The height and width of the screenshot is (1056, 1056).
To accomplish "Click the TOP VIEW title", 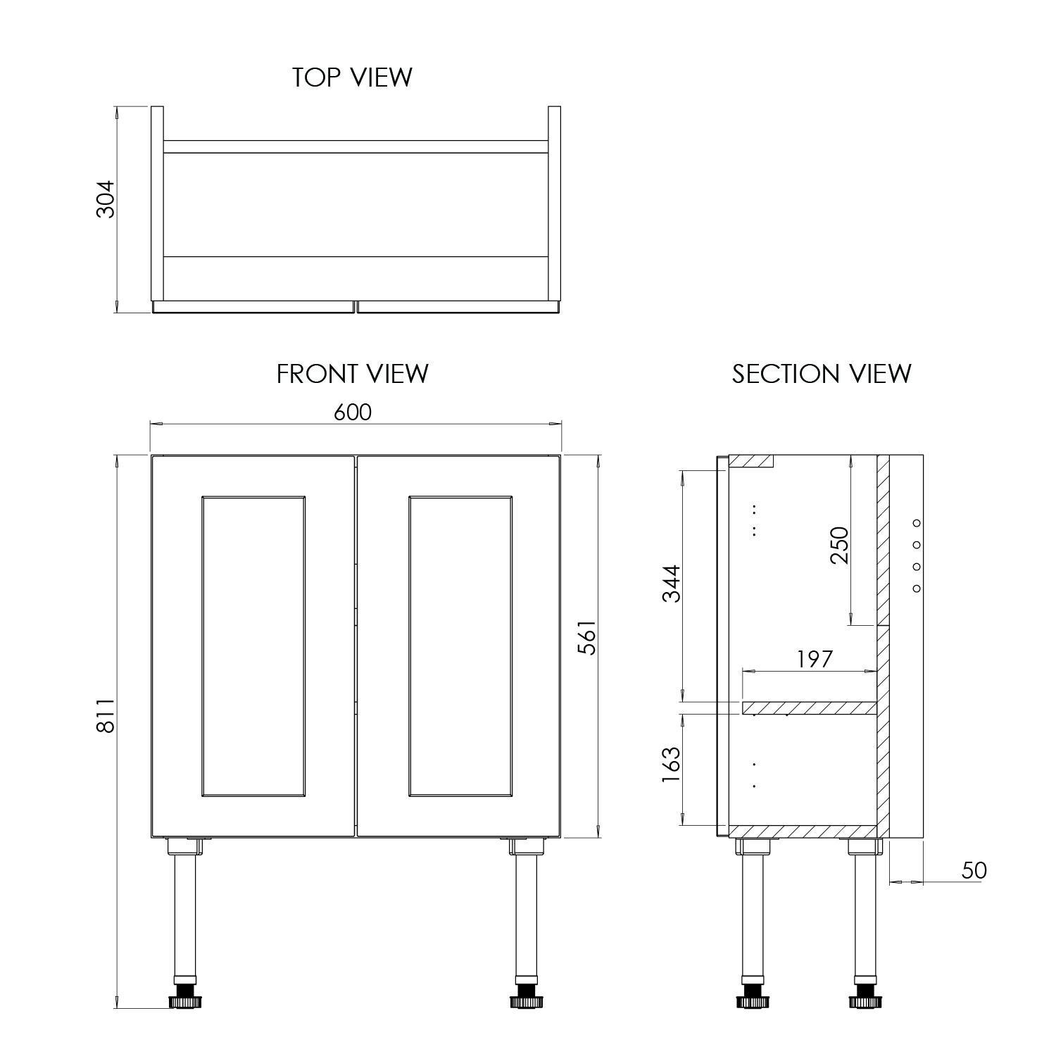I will tap(352, 77).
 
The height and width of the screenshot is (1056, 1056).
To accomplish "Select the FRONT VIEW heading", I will tap(352, 374).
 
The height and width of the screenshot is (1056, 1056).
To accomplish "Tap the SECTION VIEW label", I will tap(821, 374).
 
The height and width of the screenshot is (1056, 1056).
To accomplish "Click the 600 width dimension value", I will tap(352, 412).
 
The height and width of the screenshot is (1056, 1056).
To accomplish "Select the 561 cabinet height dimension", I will tap(587, 637).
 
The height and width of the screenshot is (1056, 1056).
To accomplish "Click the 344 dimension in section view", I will tap(672, 584).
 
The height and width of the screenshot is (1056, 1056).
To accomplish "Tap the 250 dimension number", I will tap(840, 546).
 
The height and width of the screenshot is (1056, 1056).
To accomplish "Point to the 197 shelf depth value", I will tap(815, 660).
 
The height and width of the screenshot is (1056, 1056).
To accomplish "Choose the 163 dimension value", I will tap(672, 766).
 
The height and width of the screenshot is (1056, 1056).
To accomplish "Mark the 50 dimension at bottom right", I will tap(974, 871).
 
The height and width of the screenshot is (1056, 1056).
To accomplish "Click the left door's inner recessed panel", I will tap(253, 646).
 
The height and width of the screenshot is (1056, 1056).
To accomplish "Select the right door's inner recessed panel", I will tap(460, 646).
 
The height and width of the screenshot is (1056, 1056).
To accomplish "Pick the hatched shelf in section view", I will tap(810, 708).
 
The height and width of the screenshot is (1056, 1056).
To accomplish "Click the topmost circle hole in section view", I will tap(917, 522).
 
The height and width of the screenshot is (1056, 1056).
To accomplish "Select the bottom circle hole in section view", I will tap(917, 589).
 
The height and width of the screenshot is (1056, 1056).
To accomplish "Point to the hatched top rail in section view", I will tap(750, 461).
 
